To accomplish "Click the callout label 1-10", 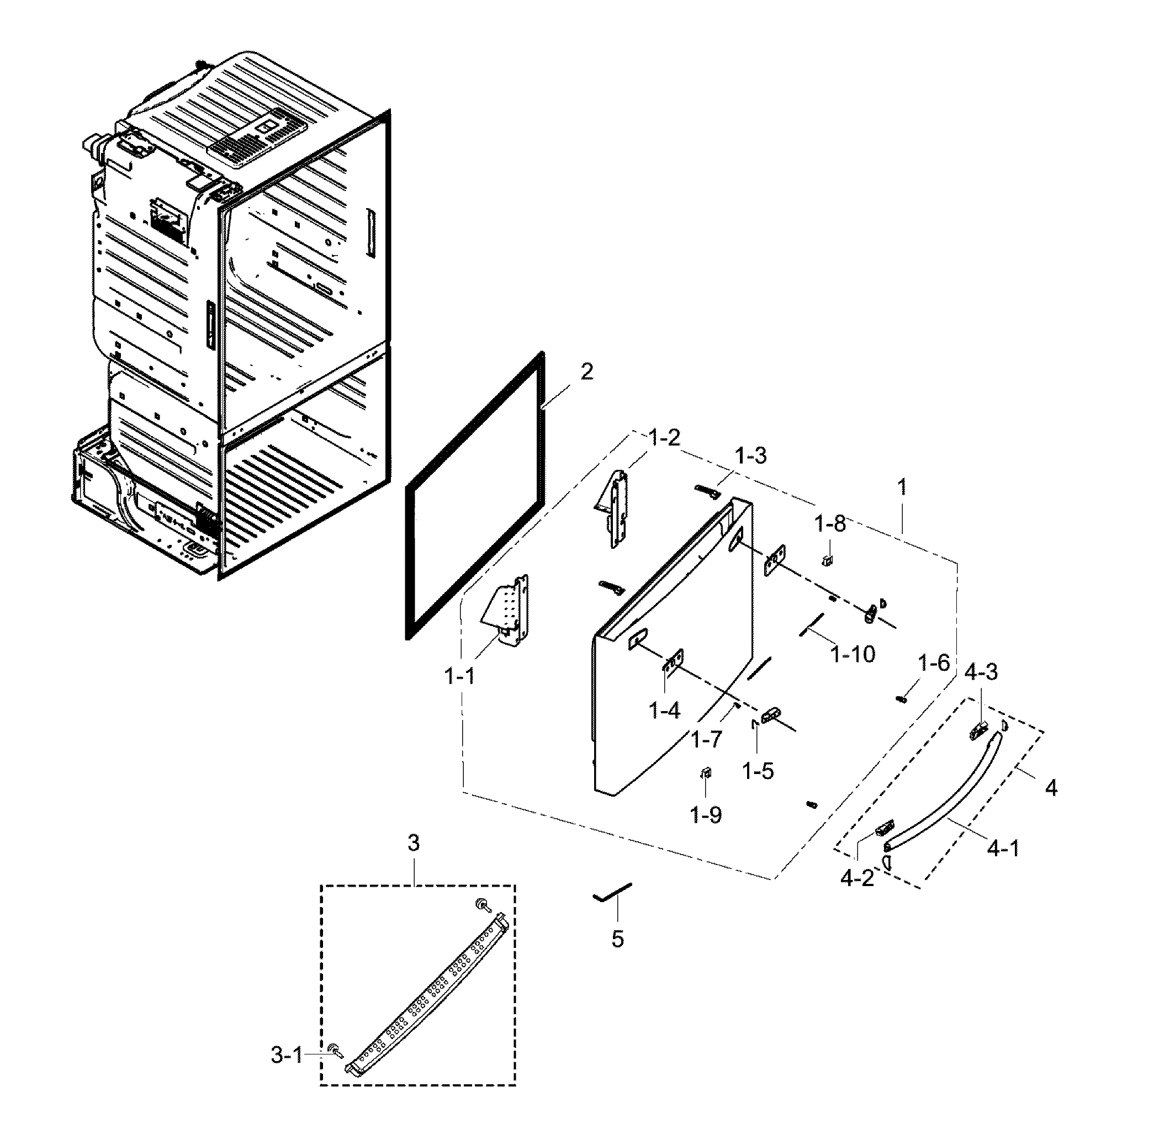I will [x=853, y=654].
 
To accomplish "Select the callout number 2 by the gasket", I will [x=586, y=372].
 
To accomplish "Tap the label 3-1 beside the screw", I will [x=287, y=1055].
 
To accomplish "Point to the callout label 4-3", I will [x=981, y=672].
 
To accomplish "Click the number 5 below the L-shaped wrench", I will [x=617, y=939].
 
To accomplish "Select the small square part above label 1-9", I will [x=707, y=773].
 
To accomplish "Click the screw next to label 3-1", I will [x=332, y=1051].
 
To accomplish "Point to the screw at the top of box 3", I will [x=481, y=903].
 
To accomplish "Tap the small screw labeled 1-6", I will [x=901, y=698].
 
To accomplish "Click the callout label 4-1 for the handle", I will [x=1003, y=849].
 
